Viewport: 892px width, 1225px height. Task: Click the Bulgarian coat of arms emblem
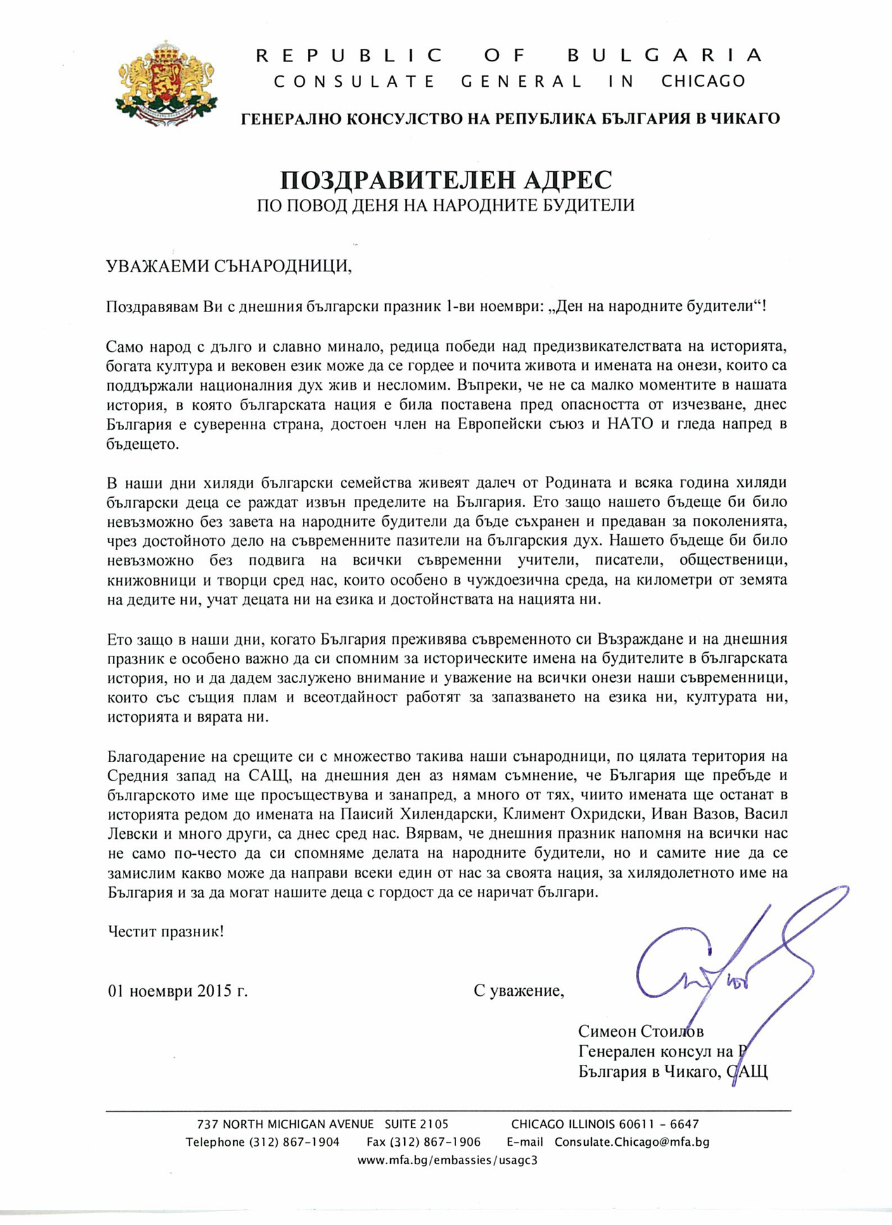[x=167, y=82]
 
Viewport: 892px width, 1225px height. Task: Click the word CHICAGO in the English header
[x=703, y=82]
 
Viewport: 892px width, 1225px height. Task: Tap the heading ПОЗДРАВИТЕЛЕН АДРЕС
[x=446, y=180]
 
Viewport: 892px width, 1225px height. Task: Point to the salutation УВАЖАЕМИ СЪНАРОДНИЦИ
[x=229, y=265]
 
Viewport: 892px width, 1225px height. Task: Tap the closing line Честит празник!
[x=165, y=931]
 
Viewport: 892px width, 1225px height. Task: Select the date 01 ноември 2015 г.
[x=178, y=991]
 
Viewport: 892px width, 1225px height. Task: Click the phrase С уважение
[x=518, y=991]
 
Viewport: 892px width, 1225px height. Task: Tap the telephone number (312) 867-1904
[x=294, y=1142]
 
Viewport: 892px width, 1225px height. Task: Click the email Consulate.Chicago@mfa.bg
[x=632, y=1142]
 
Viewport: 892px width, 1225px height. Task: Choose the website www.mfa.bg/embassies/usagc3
[x=447, y=1160]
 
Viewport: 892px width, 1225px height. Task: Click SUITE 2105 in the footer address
[x=416, y=1124]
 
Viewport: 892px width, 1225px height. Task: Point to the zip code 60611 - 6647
[x=658, y=1124]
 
